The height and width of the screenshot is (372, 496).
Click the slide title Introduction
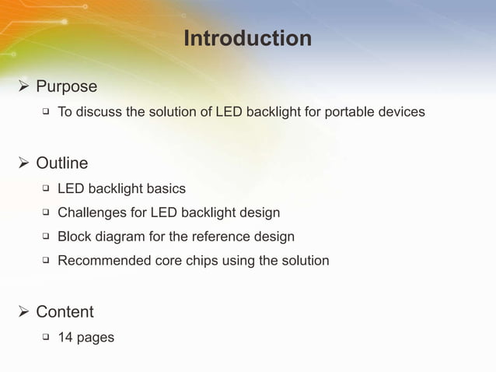[247, 38]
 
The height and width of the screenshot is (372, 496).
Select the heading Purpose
[66, 86]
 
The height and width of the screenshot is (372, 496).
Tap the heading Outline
[61, 163]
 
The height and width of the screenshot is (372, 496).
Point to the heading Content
[65, 312]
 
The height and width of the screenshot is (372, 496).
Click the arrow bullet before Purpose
[23, 86]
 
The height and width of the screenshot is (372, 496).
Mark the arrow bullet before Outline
[23, 163]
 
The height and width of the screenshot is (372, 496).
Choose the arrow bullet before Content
[23, 312]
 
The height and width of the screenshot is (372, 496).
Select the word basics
[166, 189]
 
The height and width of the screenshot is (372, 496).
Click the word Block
[75, 237]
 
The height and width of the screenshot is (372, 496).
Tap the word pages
[96, 338]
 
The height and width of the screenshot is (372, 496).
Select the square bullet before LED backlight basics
[46, 188]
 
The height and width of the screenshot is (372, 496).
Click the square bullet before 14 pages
[46, 337]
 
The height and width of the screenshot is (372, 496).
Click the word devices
[401, 112]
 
